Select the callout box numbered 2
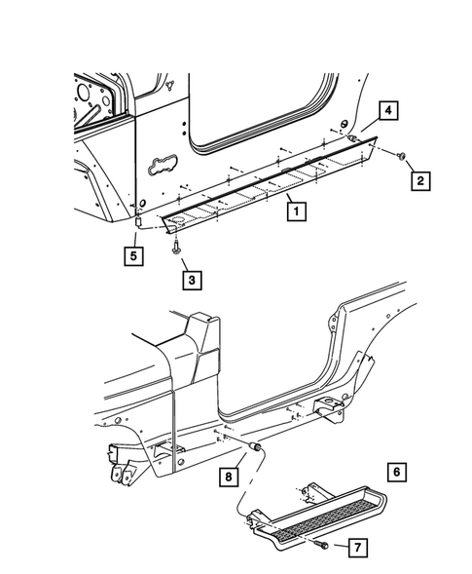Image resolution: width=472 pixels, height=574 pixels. (420, 179)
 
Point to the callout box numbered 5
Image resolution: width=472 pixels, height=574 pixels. (129, 256)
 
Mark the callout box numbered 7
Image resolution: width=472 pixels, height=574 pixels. (357, 550)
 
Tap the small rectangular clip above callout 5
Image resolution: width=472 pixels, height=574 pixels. (138, 223)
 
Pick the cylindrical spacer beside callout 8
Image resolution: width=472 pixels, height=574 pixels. (255, 445)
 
